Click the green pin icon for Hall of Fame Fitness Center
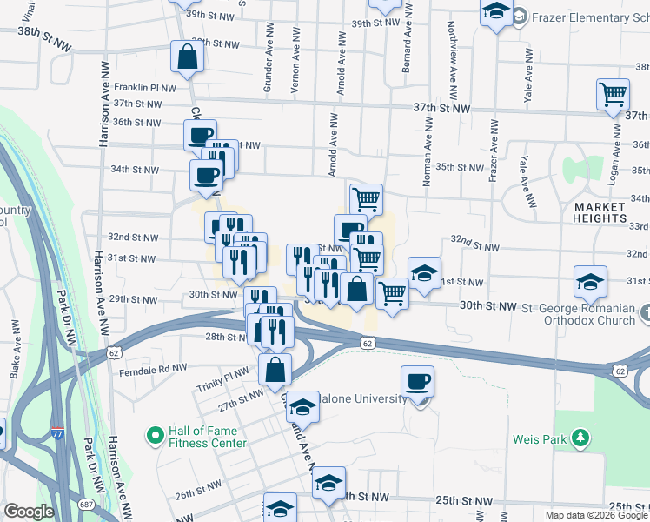tap(155, 433)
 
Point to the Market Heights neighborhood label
tap(599, 212)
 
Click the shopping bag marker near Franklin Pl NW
tap(187, 57)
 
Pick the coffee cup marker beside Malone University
tap(418, 382)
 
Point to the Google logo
tap(30, 511)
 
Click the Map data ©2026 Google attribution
tap(596, 515)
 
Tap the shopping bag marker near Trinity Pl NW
tap(275, 370)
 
